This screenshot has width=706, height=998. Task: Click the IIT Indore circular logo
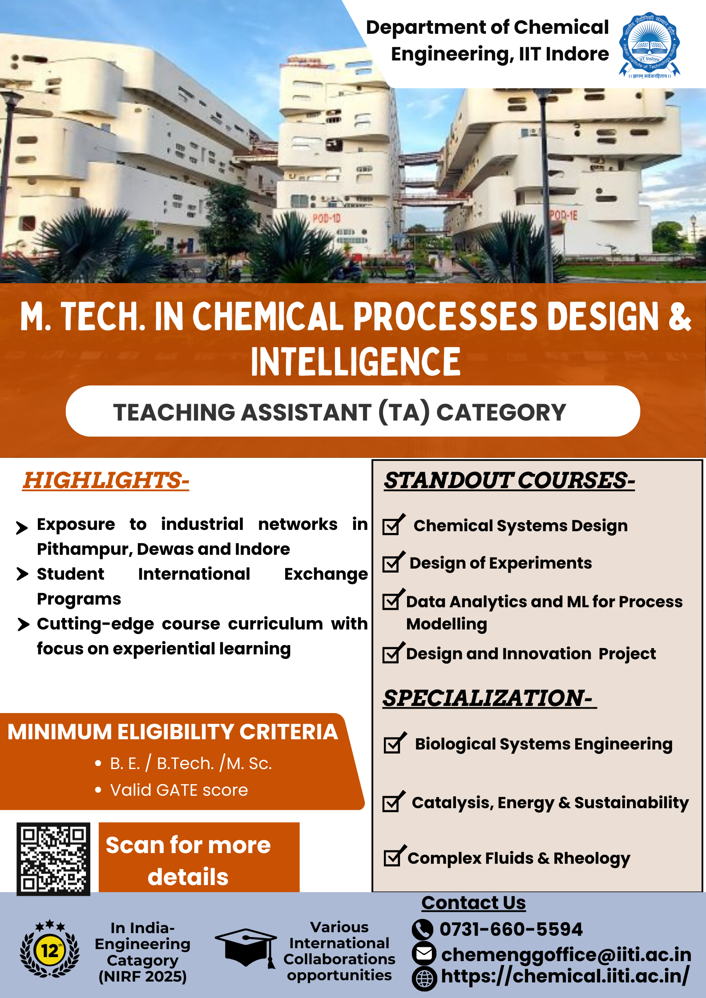point(650,45)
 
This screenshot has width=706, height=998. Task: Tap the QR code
point(53,859)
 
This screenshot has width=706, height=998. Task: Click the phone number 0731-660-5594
point(511,929)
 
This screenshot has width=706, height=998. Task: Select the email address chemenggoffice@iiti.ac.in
point(566,954)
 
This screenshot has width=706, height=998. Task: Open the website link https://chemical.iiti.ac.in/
point(565,976)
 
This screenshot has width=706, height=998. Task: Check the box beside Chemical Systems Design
point(394,525)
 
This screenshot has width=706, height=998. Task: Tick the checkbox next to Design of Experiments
point(394,562)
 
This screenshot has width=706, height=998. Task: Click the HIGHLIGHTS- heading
point(106,481)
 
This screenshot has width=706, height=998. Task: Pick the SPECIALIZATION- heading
point(489,698)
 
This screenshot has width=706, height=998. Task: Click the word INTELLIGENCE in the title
point(355,361)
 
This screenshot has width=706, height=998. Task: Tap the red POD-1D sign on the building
point(327,218)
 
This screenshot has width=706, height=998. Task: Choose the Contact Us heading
point(474,902)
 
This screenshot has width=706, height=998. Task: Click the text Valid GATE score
point(179,790)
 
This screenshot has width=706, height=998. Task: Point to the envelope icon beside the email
point(424,953)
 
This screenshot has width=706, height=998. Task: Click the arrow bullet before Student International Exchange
point(22,573)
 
